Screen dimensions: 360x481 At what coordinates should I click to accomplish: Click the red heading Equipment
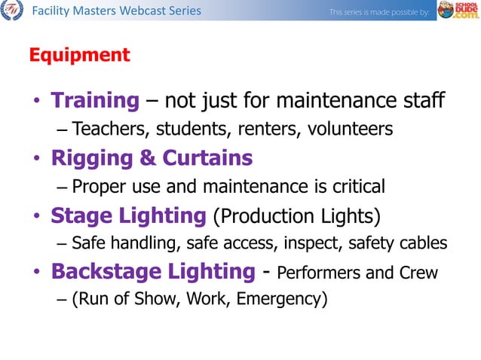[79, 55]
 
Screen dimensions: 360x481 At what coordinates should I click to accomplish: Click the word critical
[357, 186]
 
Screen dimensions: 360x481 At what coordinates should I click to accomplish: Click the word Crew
[418, 273]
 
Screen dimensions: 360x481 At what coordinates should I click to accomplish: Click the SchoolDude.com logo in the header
[457, 11]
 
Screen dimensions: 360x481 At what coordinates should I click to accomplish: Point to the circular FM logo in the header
[11, 11]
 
